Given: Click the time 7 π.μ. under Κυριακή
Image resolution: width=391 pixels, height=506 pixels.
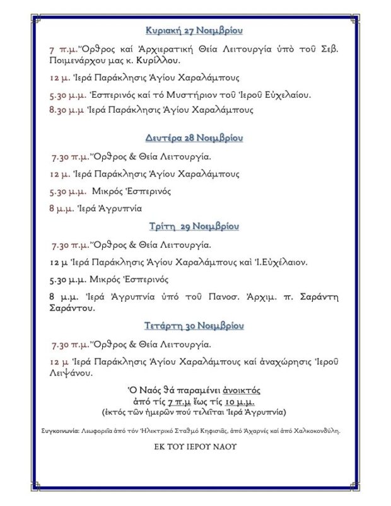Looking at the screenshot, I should coord(61,49).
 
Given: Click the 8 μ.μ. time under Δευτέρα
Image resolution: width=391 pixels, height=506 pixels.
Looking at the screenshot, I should coord(60,207).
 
